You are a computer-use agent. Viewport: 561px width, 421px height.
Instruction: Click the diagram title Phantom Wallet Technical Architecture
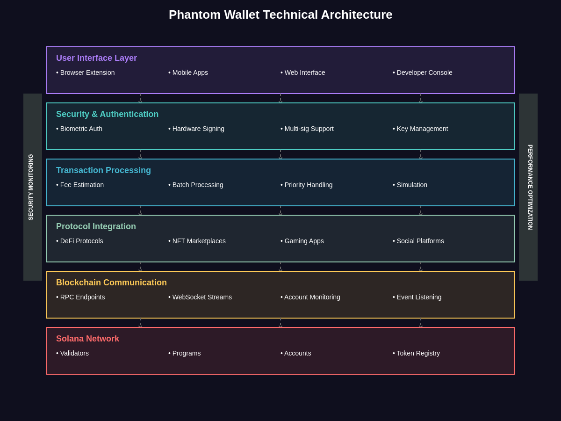[x=280, y=15]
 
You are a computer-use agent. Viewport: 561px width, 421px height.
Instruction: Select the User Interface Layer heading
[x=96, y=58]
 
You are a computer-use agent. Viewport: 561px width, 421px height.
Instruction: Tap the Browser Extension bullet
[x=86, y=73]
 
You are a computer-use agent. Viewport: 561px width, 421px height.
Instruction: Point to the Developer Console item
[x=423, y=73]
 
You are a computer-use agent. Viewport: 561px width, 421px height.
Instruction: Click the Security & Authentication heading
[x=107, y=114]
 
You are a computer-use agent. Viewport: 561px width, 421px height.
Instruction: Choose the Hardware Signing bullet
[x=196, y=129]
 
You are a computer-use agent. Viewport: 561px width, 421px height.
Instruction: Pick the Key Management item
[x=420, y=129]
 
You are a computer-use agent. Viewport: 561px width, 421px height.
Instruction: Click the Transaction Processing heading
[x=103, y=170]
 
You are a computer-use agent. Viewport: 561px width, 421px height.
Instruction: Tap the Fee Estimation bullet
[x=80, y=185]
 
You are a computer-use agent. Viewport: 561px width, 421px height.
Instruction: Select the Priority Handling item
[x=307, y=185]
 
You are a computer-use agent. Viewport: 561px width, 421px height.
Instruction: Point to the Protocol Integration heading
[x=96, y=226]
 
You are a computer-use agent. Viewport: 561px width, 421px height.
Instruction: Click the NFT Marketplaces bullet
[x=197, y=241]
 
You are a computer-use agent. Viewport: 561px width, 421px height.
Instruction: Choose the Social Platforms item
[x=418, y=241]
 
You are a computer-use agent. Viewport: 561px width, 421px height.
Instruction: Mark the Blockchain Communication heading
[x=111, y=283]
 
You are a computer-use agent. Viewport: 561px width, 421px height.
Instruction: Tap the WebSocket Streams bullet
[x=200, y=297]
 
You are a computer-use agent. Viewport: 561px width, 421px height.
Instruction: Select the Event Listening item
[x=417, y=297]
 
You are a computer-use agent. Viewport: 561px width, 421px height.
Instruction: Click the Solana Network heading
[x=87, y=339]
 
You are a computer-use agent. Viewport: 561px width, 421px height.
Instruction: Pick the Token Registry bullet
[x=416, y=353]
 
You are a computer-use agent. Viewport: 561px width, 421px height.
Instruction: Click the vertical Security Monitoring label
[x=31, y=187]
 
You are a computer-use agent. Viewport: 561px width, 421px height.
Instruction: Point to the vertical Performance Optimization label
[x=530, y=187]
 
